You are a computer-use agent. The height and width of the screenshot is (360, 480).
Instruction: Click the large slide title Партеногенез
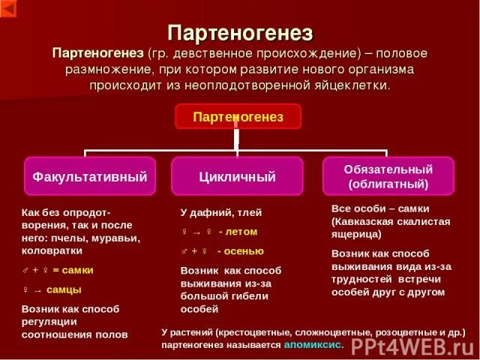pyautogui.click(x=239, y=33)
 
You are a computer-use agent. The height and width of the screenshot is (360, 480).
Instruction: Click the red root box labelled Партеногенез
pyautogui.click(x=238, y=117)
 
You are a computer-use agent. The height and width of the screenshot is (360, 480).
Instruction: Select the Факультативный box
pyautogui.click(x=90, y=177)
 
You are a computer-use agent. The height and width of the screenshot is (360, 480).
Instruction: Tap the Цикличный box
pyautogui.click(x=238, y=177)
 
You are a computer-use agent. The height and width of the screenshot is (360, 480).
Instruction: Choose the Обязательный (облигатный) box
pyautogui.click(x=388, y=176)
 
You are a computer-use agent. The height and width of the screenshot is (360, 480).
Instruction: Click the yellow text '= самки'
pyautogui.click(x=72, y=270)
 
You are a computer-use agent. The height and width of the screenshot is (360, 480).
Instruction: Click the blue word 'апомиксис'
pyautogui.click(x=313, y=345)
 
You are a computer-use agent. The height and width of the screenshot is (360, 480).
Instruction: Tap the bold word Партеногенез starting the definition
pyautogui.click(x=97, y=53)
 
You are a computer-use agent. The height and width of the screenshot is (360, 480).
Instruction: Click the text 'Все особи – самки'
pyautogui.click(x=380, y=208)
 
